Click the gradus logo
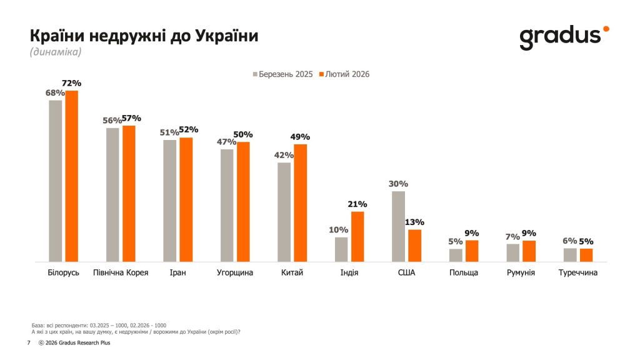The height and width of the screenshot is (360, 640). click(x=563, y=37)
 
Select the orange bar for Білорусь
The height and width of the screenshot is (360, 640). click(x=72, y=176)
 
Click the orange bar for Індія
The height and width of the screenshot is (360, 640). click(x=357, y=236)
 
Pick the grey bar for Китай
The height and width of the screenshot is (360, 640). click(x=284, y=212)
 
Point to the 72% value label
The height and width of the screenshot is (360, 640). click(x=72, y=83)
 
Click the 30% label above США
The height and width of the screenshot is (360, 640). click(x=397, y=184)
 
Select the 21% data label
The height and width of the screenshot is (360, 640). click(x=357, y=204)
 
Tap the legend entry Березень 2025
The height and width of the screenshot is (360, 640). click(x=282, y=74)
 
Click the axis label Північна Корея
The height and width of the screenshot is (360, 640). click(x=121, y=273)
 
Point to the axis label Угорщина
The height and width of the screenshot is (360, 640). click(x=235, y=273)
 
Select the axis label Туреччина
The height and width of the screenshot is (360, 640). click(x=578, y=273)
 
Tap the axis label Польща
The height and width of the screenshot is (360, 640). click(x=464, y=273)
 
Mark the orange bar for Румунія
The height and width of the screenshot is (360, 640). click(x=529, y=251)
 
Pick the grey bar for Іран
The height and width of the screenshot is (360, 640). click(x=169, y=201)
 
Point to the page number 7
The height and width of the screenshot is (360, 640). click(x=29, y=343)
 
